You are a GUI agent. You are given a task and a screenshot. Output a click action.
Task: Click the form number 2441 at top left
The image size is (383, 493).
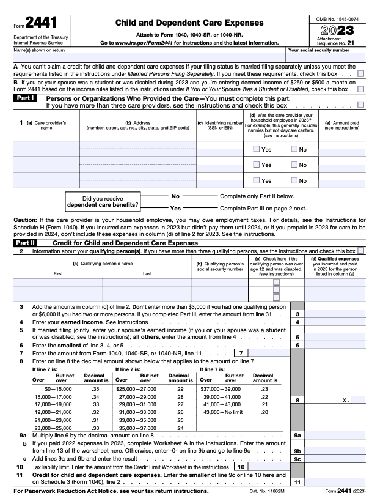(37, 22)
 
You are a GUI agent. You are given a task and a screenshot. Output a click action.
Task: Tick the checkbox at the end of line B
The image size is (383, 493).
(361, 89)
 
